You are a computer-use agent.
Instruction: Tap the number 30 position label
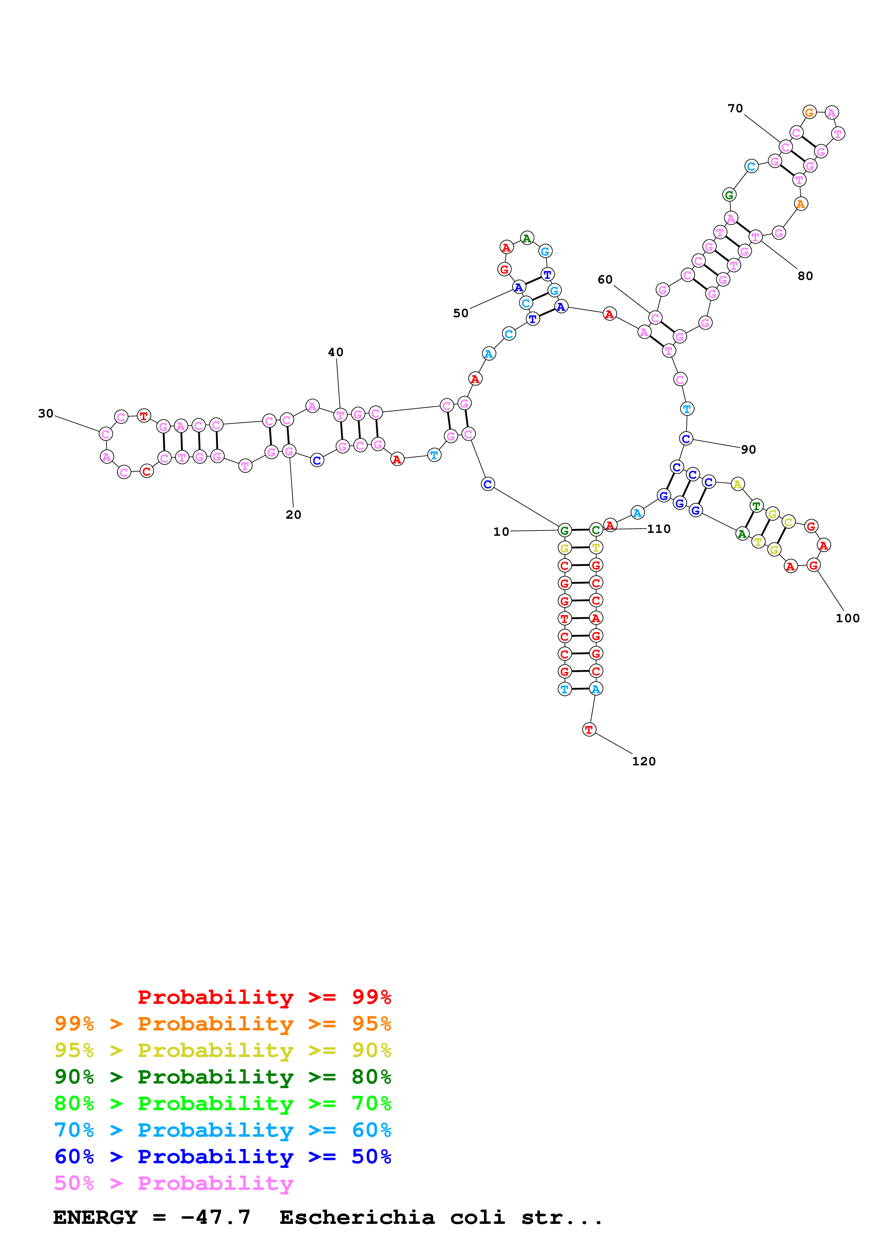point(45,413)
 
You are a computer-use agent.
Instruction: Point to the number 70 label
point(735,108)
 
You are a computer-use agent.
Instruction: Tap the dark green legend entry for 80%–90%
point(222,1077)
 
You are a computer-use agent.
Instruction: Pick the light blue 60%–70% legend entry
point(222,1130)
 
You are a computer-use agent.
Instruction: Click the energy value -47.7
point(215,1217)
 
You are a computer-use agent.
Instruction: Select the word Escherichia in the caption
point(357,1217)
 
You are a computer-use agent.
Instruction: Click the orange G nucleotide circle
point(809,113)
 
